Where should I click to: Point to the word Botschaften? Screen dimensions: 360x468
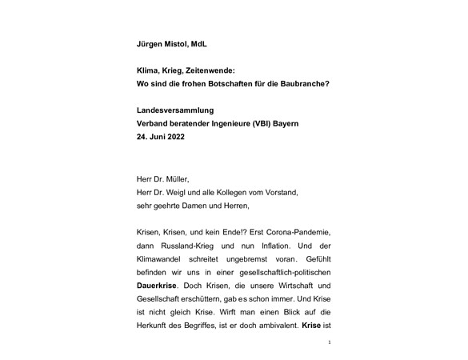click(238, 83)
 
